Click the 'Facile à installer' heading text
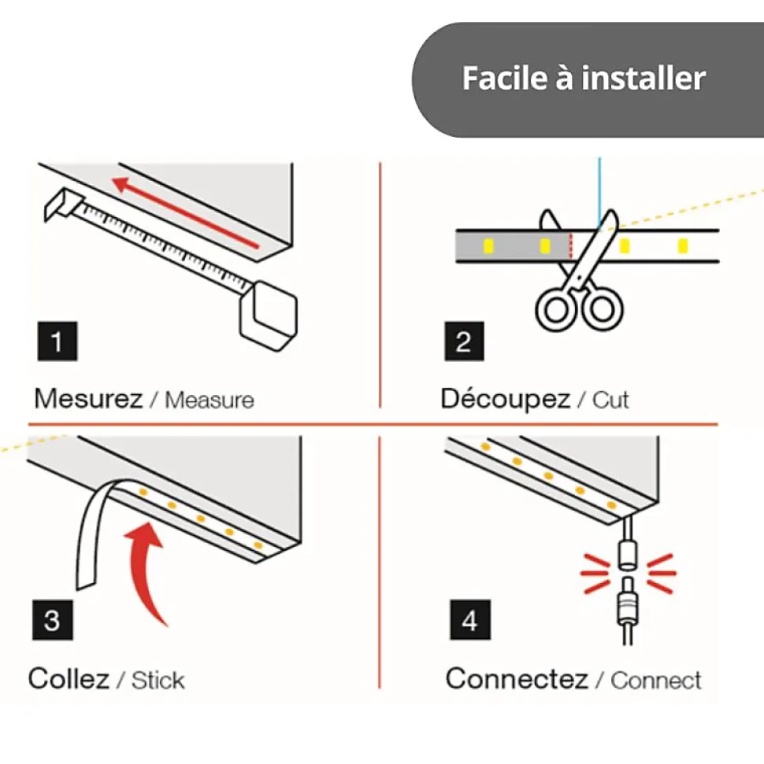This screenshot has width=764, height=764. [x=584, y=78]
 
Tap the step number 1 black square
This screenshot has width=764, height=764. [x=57, y=341]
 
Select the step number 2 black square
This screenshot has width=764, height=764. [x=465, y=341]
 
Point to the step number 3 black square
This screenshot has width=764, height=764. [x=53, y=620]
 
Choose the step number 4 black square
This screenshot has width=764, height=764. [x=470, y=620]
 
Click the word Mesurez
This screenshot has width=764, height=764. [x=88, y=399]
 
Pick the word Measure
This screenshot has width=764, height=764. [x=210, y=400]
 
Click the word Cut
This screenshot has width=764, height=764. [x=610, y=400]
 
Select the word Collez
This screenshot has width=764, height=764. [x=69, y=678]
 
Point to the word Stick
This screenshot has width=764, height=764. [x=158, y=680]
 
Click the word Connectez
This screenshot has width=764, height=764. [x=517, y=678]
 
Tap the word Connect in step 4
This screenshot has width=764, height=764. [x=656, y=680]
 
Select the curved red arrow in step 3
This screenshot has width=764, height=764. [x=146, y=570]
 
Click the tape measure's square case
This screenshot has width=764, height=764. [x=269, y=316]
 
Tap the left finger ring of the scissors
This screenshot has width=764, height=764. [x=556, y=310]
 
